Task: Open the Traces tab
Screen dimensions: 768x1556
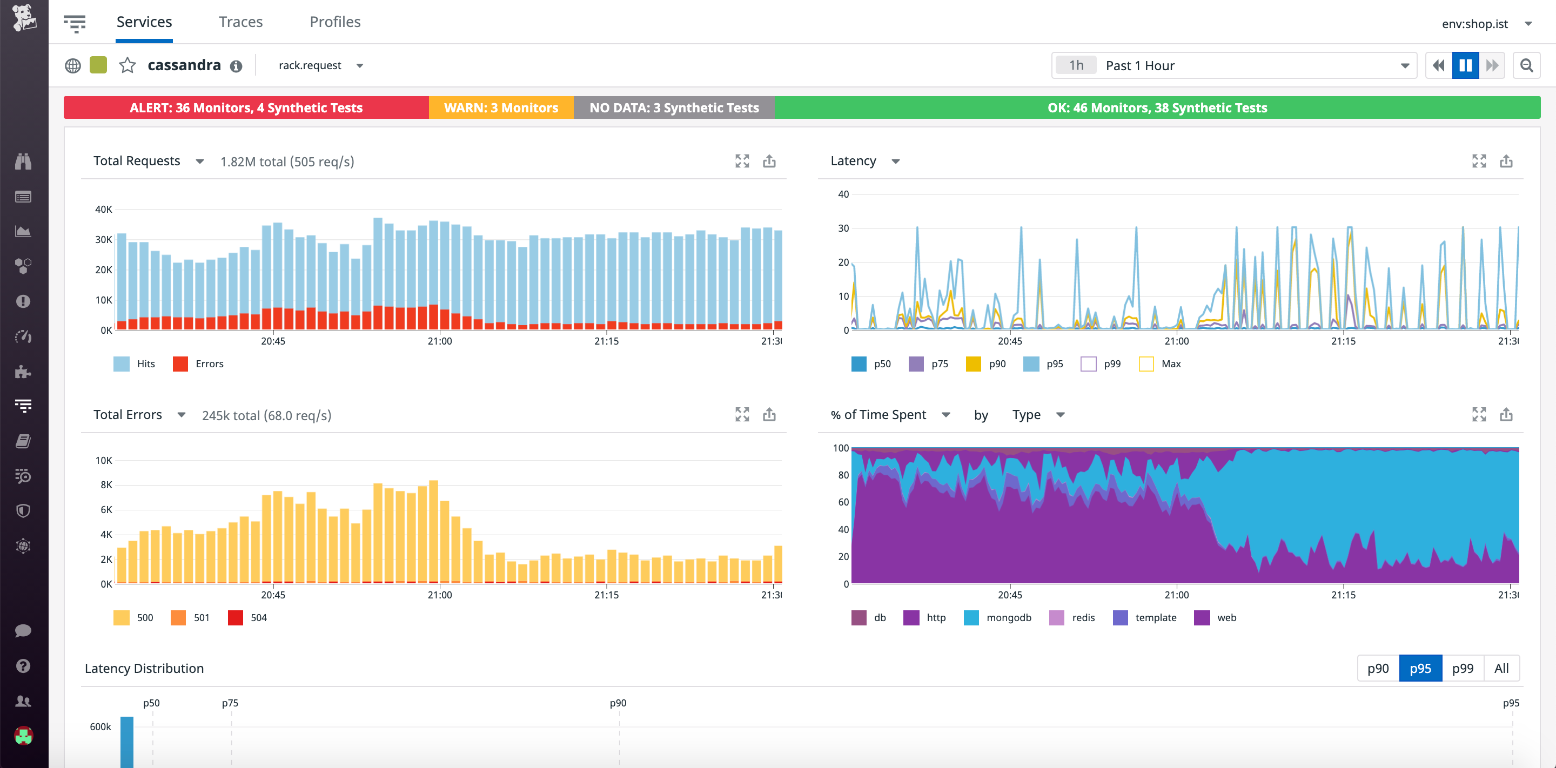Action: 240,22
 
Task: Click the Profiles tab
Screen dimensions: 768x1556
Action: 334,22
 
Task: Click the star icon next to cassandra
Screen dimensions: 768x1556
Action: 128,65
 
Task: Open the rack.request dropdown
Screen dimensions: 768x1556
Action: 320,65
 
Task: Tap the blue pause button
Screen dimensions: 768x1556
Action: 1465,65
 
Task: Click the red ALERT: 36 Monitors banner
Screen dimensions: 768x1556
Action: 246,108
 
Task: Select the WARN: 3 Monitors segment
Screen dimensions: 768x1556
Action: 501,108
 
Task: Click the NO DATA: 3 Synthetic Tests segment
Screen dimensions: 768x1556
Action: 674,108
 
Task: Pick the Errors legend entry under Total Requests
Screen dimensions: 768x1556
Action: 199,364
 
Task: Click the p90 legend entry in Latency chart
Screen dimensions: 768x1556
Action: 986,364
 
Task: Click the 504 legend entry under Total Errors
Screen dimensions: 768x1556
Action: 247,618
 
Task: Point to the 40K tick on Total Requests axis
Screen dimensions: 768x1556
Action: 103,210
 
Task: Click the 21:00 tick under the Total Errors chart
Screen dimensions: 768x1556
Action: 439,595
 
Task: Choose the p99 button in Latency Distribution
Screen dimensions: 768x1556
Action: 1462,669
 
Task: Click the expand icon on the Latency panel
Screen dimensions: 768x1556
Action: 1479,161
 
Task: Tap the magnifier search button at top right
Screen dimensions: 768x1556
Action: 1526,65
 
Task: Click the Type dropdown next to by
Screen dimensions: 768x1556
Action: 1038,415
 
